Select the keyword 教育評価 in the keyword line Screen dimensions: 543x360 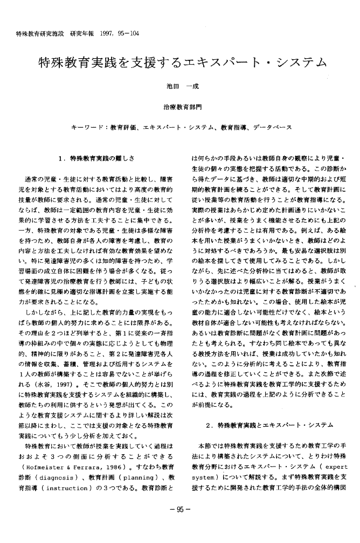[x=123, y=128]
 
